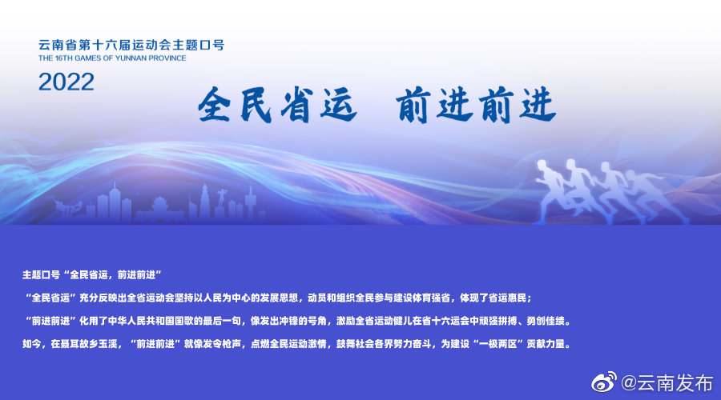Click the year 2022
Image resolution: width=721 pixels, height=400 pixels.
click(x=66, y=81)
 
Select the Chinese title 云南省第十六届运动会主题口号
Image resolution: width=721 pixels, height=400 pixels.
click(x=131, y=45)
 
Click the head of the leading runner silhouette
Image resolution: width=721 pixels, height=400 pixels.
click(x=549, y=166)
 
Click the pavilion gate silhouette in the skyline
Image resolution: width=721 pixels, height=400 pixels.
click(x=159, y=212)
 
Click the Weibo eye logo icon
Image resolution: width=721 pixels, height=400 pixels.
click(x=605, y=382)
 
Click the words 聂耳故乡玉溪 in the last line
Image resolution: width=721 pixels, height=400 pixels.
click(x=85, y=343)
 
